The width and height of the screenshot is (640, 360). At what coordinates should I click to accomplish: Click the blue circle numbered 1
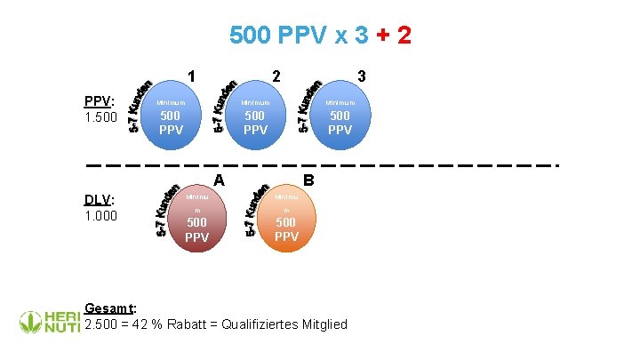(171, 116)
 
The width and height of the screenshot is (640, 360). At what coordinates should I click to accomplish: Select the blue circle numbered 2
(255, 116)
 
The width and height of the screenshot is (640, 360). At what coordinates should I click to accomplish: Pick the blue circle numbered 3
(340, 116)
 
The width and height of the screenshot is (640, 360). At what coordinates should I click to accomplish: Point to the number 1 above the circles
(192, 77)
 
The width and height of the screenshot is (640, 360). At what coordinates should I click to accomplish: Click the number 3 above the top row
(361, 77)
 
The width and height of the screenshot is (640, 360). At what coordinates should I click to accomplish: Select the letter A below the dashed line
(219, 180)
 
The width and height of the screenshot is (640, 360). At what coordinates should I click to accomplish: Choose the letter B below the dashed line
(308, 180)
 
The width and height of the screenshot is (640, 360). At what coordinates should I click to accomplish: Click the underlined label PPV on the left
(98, 101)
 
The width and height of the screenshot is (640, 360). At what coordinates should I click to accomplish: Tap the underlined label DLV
(98, 199)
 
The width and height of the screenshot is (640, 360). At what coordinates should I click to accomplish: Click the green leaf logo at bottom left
(31, 320)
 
